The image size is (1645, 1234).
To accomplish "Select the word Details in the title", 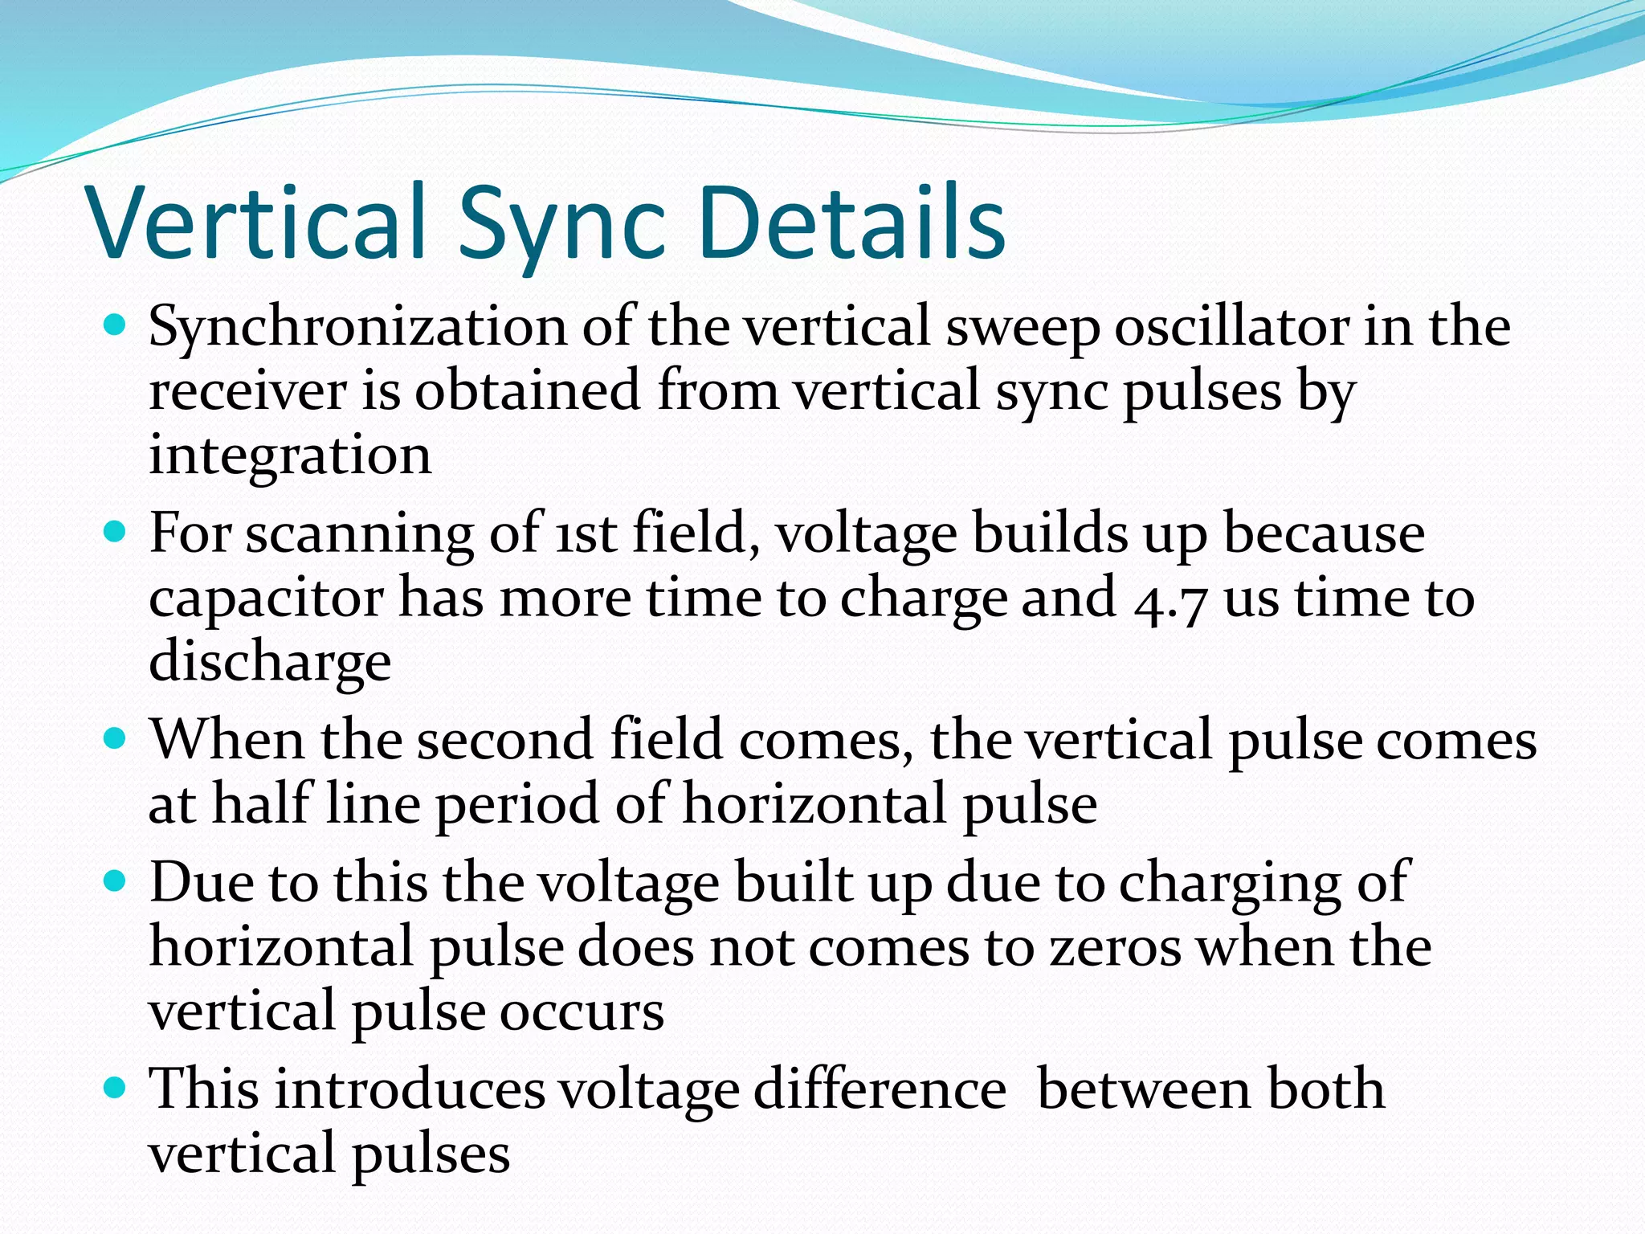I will point(851,223).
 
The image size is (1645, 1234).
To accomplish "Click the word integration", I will point(290,456).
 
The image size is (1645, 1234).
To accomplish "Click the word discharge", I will point(270,664).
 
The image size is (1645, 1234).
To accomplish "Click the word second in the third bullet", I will point(505,740).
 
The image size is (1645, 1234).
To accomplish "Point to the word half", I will point(261,803).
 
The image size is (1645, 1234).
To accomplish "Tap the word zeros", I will point(1116,947).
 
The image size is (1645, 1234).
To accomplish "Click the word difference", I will point(879,1090).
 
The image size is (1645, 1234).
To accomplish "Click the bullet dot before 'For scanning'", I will point(116,531).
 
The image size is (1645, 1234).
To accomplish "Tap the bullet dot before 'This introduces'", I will point(116,1088).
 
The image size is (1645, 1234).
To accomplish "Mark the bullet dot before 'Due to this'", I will point(116,881).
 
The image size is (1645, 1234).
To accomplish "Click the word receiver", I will point(248,392).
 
